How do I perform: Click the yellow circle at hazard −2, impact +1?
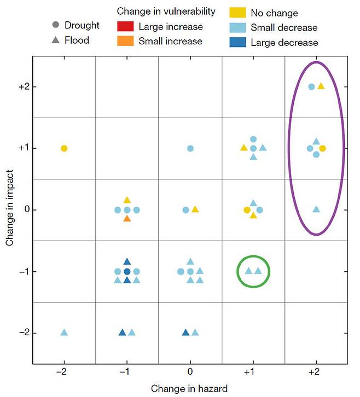[x=64, y=148]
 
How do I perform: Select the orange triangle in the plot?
[x=127, y=219]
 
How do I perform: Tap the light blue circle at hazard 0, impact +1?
[x=190, y=148]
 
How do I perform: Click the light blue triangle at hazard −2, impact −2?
[x=64, y=332]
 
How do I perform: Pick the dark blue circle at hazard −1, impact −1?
[x=127, y=272]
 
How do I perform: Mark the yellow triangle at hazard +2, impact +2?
[x=321, y=86]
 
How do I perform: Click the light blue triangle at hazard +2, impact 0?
[x=316, y=209]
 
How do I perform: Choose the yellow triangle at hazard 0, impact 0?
[x=195, y=209]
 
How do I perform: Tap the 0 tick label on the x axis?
[x=190, y=372]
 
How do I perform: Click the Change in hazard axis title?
[x=189, y=389]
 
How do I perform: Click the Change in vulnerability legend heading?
[x=166, y=11]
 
